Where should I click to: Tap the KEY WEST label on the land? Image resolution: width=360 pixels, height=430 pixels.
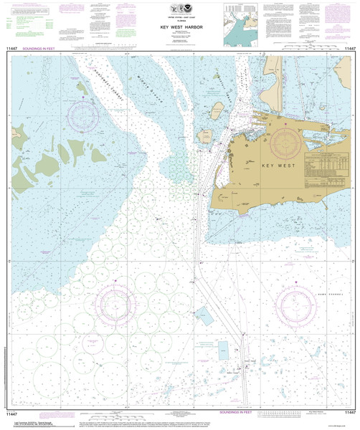pyautogui.click(x=278, y=166)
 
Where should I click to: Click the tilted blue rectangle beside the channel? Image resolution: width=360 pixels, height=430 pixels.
pyautogui.click(x=204, y=315)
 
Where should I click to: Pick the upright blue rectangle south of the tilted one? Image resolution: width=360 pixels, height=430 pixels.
pyautogui.click(x=224, y=350)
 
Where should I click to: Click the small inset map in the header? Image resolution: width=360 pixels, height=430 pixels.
pyautogui.click(x=241, y=21)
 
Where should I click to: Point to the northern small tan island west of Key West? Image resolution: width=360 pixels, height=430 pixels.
pyautogui.click(x=216, y=110)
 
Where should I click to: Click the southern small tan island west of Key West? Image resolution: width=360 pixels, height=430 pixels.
pyautogui.click(x=204, y=135)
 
